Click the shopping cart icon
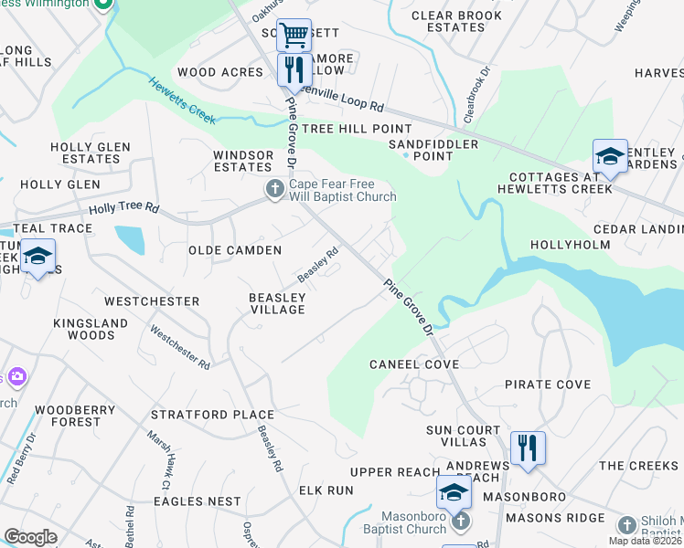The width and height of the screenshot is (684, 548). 294,36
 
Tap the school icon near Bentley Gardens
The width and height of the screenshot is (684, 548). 610,155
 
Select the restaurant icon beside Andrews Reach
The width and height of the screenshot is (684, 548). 528,448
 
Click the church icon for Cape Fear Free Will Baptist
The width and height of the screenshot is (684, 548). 274,189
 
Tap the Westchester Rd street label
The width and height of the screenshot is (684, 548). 180,348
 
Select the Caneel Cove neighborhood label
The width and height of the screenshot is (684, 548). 414,364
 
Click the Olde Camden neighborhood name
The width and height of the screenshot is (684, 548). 235,250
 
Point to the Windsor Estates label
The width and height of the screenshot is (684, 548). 243,162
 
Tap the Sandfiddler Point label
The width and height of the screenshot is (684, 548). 433,150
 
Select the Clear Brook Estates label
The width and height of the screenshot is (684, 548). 456,21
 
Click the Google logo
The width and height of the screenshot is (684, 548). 30,536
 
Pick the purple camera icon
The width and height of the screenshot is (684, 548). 16,376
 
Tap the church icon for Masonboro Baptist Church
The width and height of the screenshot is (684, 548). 461,521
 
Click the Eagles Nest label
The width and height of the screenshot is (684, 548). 198,501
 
